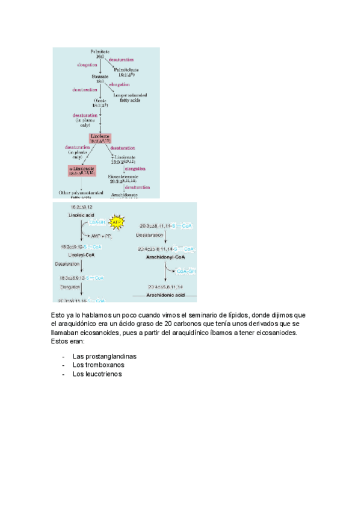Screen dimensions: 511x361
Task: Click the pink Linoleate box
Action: pos(100,139)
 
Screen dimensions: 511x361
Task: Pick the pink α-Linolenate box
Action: pos(82,171)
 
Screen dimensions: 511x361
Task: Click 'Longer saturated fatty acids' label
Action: pos(131,97)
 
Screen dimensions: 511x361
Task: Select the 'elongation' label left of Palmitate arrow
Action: pos(87,64)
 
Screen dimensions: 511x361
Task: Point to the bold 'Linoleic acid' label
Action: pos(82,215)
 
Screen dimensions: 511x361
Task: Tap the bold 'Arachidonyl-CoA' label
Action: pos(164,257)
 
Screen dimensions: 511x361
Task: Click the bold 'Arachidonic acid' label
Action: pos(164,296)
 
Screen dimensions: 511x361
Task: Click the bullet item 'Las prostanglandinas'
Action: pos(104,356)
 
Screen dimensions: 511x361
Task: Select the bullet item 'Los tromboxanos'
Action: pos(98,365)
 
